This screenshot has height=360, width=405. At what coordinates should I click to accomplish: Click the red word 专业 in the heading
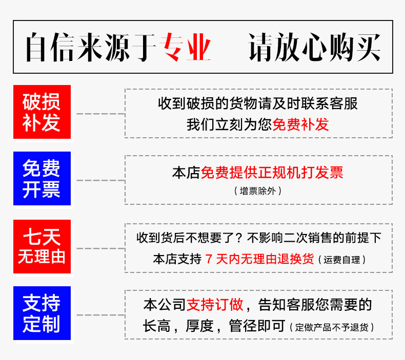click(187, 47)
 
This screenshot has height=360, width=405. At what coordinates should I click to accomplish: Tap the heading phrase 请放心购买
click(315, 47)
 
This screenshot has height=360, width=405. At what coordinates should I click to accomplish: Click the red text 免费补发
click(300, 124)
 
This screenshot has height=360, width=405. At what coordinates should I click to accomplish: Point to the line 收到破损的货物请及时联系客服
click(258, 104)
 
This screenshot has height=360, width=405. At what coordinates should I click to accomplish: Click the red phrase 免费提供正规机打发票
click(272, 173)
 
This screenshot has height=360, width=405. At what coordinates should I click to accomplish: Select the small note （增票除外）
click(257, 191)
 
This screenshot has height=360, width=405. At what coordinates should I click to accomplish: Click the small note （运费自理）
click(342, 260)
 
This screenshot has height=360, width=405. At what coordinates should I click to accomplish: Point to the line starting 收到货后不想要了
click(259, 238)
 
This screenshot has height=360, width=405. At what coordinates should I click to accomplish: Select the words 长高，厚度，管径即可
click(214, 326)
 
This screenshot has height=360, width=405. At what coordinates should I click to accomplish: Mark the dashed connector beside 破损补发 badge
click(100, 113)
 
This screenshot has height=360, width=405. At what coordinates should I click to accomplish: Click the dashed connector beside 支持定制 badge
click(100, 314)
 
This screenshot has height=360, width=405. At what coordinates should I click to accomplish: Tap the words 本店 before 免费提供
click(186, 173)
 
